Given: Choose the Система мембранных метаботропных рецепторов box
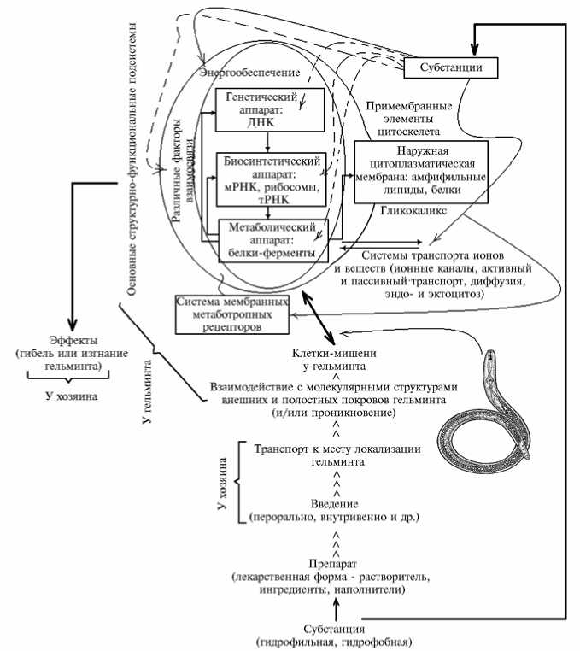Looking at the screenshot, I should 231,314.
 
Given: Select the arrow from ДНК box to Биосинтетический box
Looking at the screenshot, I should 269,140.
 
